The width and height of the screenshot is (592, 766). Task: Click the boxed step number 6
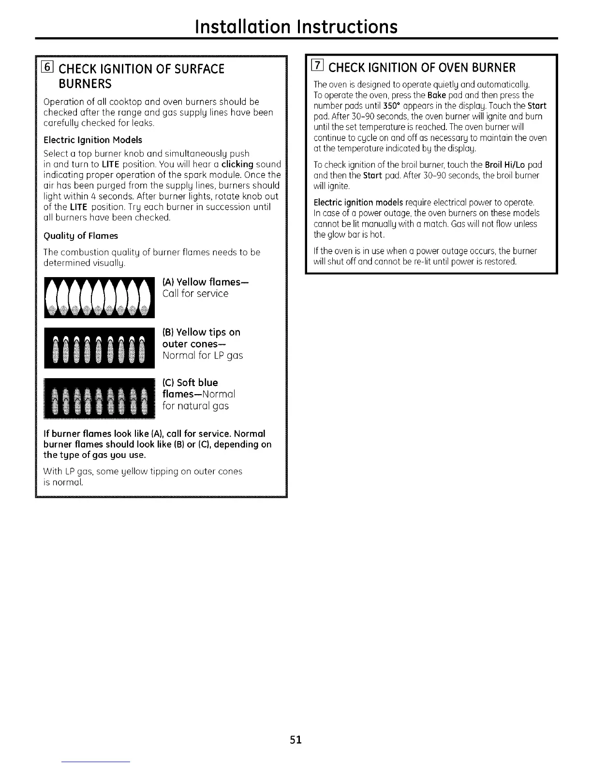(x=47, y=68)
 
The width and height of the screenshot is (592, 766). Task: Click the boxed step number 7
(x=318, y=67)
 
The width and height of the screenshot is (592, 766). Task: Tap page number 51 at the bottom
(x=296, y=739)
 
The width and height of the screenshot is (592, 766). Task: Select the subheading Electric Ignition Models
(x=93, y=140)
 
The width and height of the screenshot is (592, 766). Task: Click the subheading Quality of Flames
(x=80, y=236)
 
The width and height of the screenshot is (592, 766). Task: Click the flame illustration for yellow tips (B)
(x=99, y=348)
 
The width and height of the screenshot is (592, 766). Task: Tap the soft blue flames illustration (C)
(x=99, y=398)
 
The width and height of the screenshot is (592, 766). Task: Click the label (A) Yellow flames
(x=206, y=282)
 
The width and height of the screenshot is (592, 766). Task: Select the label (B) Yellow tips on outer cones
(x=201, y=338)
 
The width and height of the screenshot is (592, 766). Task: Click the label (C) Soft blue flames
(x=190, y=383)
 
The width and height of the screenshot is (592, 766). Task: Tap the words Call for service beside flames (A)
(x=195, y=294)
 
